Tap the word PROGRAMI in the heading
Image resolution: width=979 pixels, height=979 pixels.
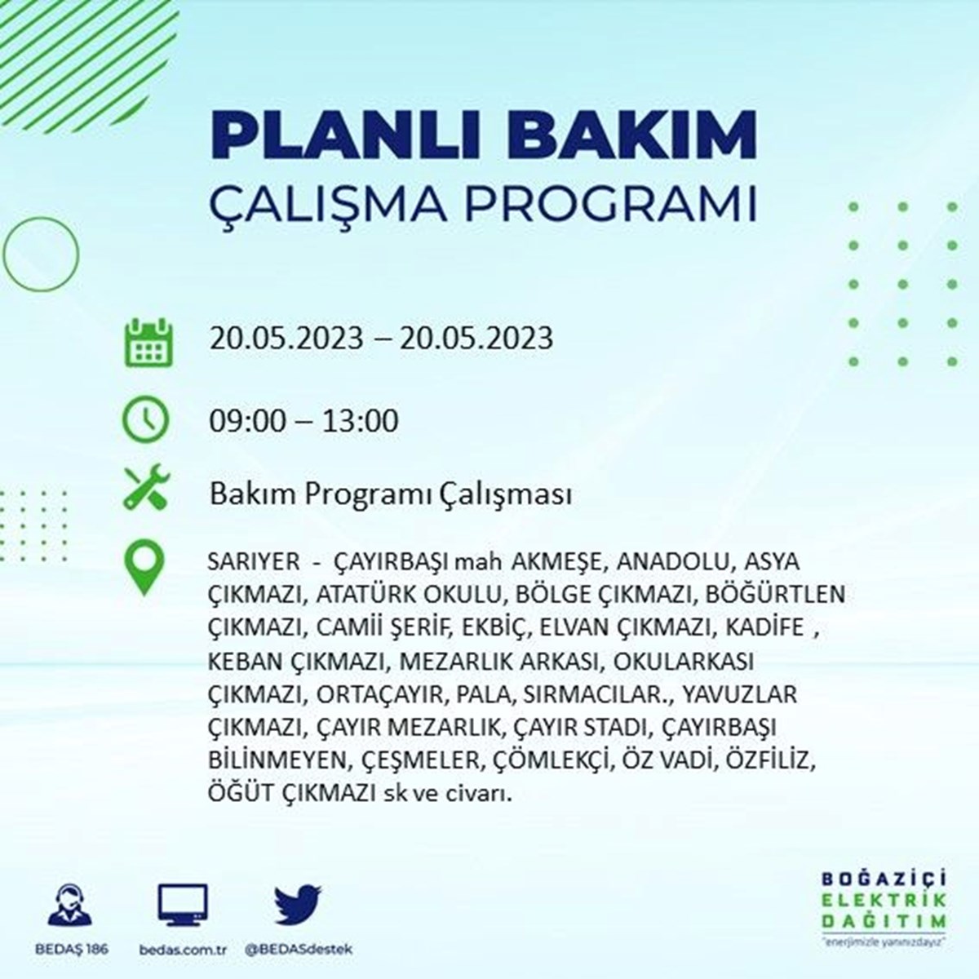(x=611, y=204)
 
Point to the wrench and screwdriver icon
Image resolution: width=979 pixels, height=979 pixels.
(x=147, y=487)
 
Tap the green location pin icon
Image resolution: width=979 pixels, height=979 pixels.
(x=144, y=566)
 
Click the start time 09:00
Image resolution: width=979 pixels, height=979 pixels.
(x=247, y=421)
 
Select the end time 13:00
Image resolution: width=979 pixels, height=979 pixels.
(x=361, y=421)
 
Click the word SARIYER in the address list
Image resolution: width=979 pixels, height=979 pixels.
(x=254, y=562)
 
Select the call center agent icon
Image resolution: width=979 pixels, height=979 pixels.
(x=70, y=904)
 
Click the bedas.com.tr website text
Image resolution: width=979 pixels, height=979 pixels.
(x=183, y=949)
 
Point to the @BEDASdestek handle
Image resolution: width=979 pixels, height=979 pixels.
(x=299, y=949)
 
